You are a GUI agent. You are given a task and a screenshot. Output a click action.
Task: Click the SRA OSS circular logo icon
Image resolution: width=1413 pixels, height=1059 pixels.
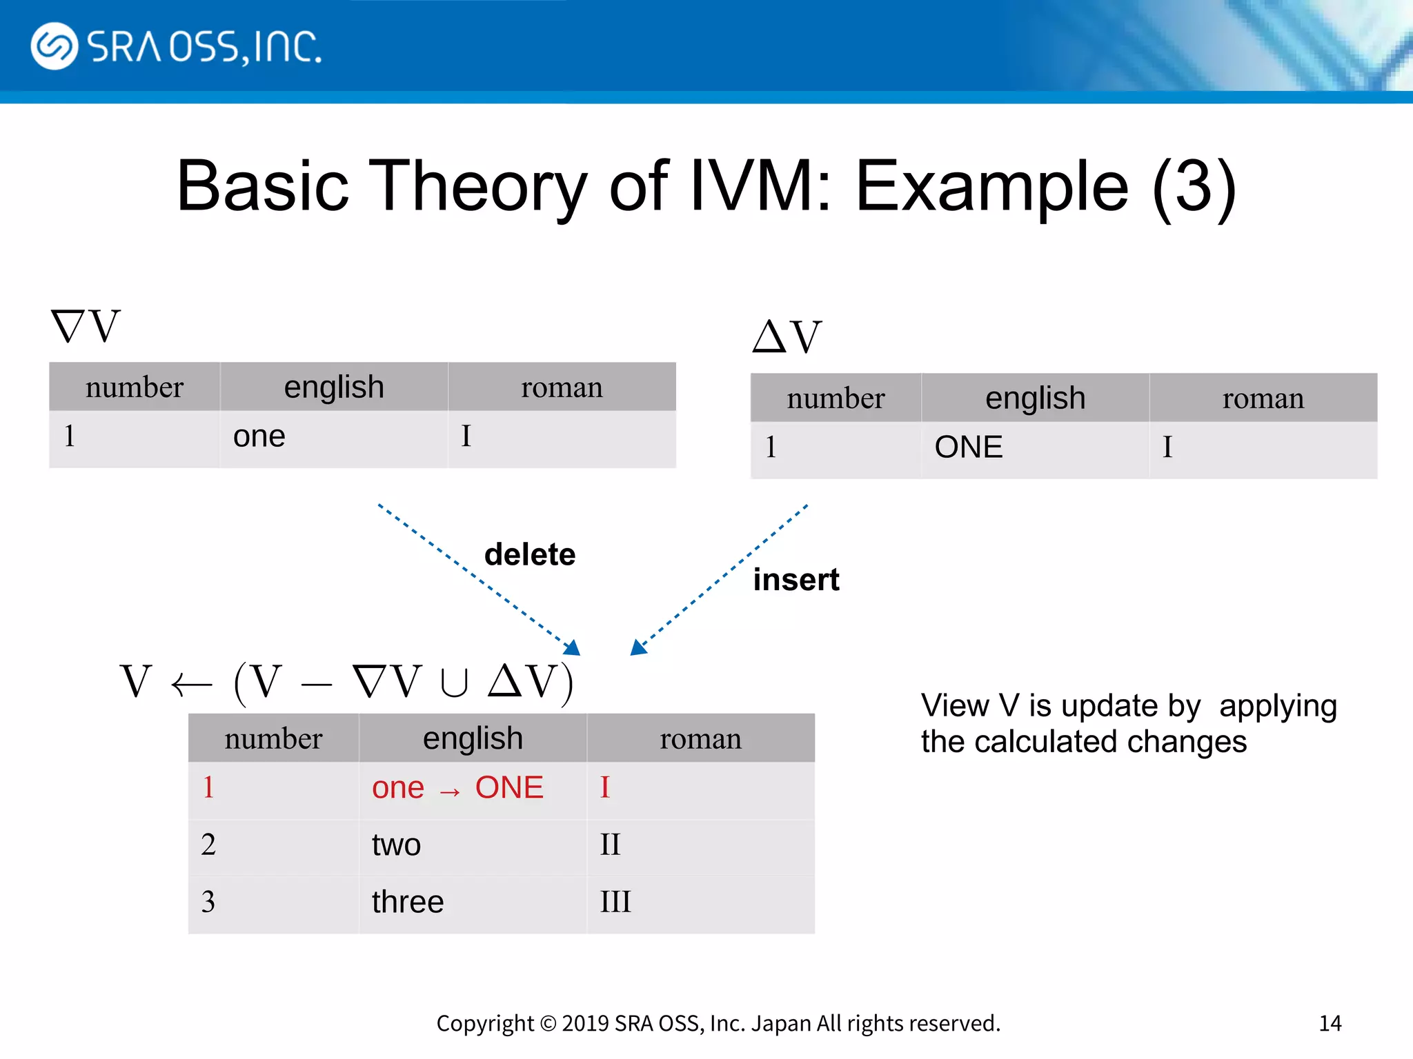(x=54, y=46)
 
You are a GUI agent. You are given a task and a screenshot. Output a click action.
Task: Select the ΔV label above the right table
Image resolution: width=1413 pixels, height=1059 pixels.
(x=787, y=337)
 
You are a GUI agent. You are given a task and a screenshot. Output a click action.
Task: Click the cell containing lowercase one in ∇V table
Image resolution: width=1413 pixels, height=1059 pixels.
(x=259, y=437)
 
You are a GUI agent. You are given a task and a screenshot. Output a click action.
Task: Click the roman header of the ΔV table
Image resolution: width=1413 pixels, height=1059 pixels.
(x=1263, y=399)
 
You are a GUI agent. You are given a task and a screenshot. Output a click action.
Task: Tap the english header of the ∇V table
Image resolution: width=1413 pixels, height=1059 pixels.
(x=334, y=387)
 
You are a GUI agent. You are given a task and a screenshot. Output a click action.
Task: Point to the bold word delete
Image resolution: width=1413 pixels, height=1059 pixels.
(x=530, y=554)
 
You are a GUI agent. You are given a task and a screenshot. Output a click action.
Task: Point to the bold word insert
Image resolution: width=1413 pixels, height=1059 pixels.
(x=796, y=580)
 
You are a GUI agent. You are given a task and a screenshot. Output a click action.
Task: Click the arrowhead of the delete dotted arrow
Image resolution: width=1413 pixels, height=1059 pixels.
(x=573, y=647)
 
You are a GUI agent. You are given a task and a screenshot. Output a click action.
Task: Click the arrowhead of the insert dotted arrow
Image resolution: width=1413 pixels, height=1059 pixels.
(x=638, y=647)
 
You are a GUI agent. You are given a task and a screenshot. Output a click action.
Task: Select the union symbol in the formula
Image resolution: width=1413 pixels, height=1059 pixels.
(x=454, y=683)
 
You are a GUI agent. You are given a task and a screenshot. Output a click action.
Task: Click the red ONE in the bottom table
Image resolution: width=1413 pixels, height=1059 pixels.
(x=509, y=788)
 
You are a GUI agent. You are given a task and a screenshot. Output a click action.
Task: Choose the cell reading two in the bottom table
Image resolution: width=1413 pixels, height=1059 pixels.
(x=396, y=845)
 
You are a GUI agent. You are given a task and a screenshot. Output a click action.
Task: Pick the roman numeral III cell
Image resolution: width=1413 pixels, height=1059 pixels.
(x=615, y=902)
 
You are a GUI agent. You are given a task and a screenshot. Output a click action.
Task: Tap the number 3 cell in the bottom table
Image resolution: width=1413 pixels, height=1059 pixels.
(x=208, y=902)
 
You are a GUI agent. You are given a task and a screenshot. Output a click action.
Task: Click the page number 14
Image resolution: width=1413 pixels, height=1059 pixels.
(x=1330, y=1023)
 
